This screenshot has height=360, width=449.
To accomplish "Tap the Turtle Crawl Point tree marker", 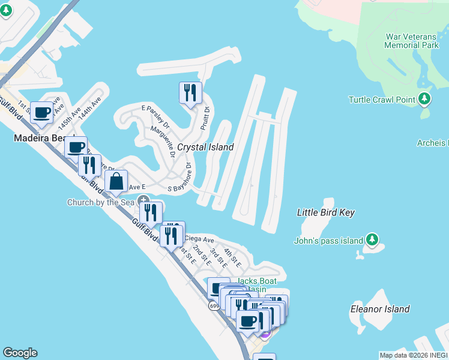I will [x=425, y=98].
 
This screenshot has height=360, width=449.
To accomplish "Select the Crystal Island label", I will [x=205, y=147].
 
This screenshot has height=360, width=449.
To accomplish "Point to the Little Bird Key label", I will [x=326, y=212].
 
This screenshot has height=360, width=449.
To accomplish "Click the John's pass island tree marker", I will [x=372, y=240].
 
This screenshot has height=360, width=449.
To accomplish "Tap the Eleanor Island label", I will [x=380, y=310].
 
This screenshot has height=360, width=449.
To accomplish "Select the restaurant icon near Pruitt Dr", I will [x=190, y=93].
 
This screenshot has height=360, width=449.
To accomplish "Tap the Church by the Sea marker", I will [x=143, y=200].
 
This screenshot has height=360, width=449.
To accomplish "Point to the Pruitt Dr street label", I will [x=205, y=118].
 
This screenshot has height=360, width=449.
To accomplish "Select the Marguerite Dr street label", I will [x=163, y=142].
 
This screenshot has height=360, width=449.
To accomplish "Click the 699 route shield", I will [x=214, y=306].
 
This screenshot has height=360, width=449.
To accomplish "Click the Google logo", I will [x=20, y=353].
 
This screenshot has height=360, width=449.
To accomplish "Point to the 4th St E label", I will [x=232, y=258].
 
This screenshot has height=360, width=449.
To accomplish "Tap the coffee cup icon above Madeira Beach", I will [x=41, y=112].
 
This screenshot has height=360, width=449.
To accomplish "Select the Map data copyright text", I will [x=414, y=355].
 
